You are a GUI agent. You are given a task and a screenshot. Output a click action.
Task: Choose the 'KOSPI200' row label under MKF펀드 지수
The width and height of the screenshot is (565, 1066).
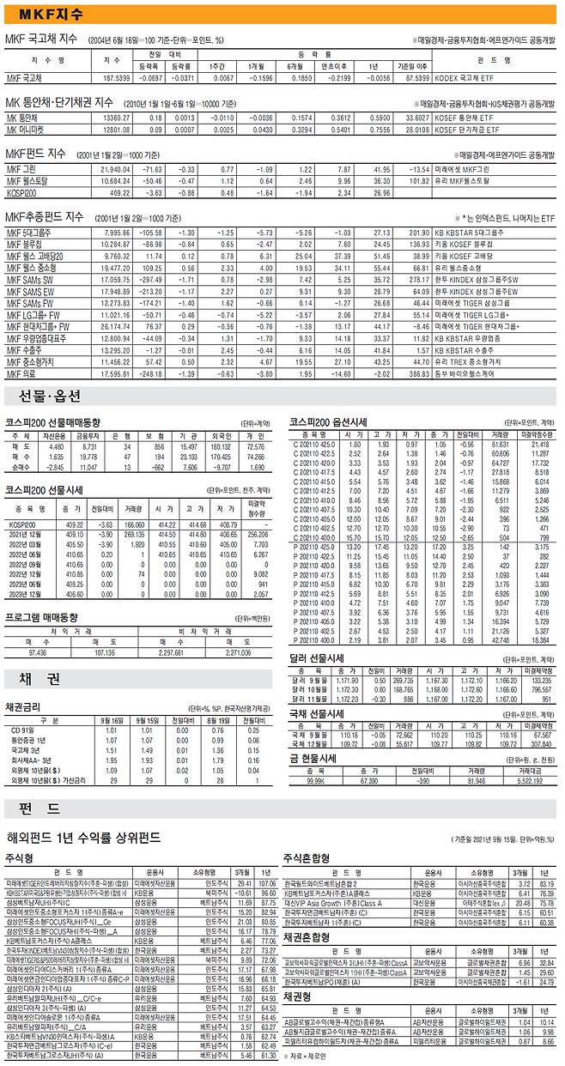pyautogui.click(x=21, y=192)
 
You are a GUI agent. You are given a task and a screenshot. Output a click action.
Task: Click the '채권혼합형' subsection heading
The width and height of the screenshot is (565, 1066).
pyautogui.click(x=307, y=936)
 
